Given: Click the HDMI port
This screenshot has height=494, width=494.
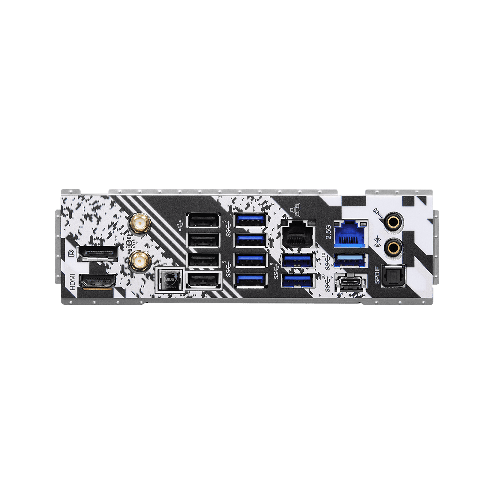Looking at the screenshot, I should coord(98,281).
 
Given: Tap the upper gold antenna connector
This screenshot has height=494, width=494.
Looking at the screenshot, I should coord(139,223).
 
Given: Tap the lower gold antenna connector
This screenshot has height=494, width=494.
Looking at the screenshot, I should coord(139,261).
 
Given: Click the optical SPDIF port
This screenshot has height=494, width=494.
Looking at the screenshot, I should coord(393,276).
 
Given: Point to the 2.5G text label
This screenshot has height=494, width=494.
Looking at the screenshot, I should coord(328,232).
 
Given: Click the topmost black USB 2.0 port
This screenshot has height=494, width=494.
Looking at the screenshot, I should coord(203,221).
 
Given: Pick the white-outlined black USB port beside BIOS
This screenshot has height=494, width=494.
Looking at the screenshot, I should coord(203,281).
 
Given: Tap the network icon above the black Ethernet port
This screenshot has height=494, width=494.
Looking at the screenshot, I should coord(295,212).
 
